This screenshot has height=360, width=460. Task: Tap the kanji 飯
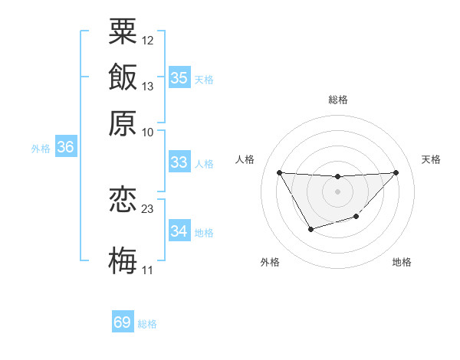pyautogui.click(x=123, y=77)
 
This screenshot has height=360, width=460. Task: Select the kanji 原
pyautogui.click(x=123, y=123)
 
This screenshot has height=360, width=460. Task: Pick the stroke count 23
pyautogui.click(x=148, y=208)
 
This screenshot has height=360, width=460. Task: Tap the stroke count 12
pyautogui.click(x=148, y=39)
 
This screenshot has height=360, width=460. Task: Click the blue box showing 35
pyautogui.click(x=179, y=77)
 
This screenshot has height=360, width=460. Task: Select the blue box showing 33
pyautogui.click(x=179, y=162)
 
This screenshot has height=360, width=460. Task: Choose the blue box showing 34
pyautogui.click(x=179, y=231)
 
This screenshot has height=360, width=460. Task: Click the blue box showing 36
pyautogui.click(x=65, y=148)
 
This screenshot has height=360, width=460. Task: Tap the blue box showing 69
pyautogui.click(x=123, y=322)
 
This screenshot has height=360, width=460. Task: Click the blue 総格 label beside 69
pyautogui.click(x=147, y=324)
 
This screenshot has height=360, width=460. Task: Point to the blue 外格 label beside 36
pyautogui.click(x=41, y=149)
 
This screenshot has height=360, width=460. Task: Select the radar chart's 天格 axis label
pyautogui.click(x=432, y=159)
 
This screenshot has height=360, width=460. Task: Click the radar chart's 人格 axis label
pyautogui.click(x=245, y=159)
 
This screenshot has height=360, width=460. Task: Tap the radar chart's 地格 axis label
pyautogui.click(x=402, y=262)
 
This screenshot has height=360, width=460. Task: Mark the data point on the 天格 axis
pyautogui.click(x=396, y=172)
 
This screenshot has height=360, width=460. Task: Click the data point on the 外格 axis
pyautogui.click(x=310, y=229)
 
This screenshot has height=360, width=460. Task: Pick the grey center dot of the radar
pyautogui.click(x=337, y=191)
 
